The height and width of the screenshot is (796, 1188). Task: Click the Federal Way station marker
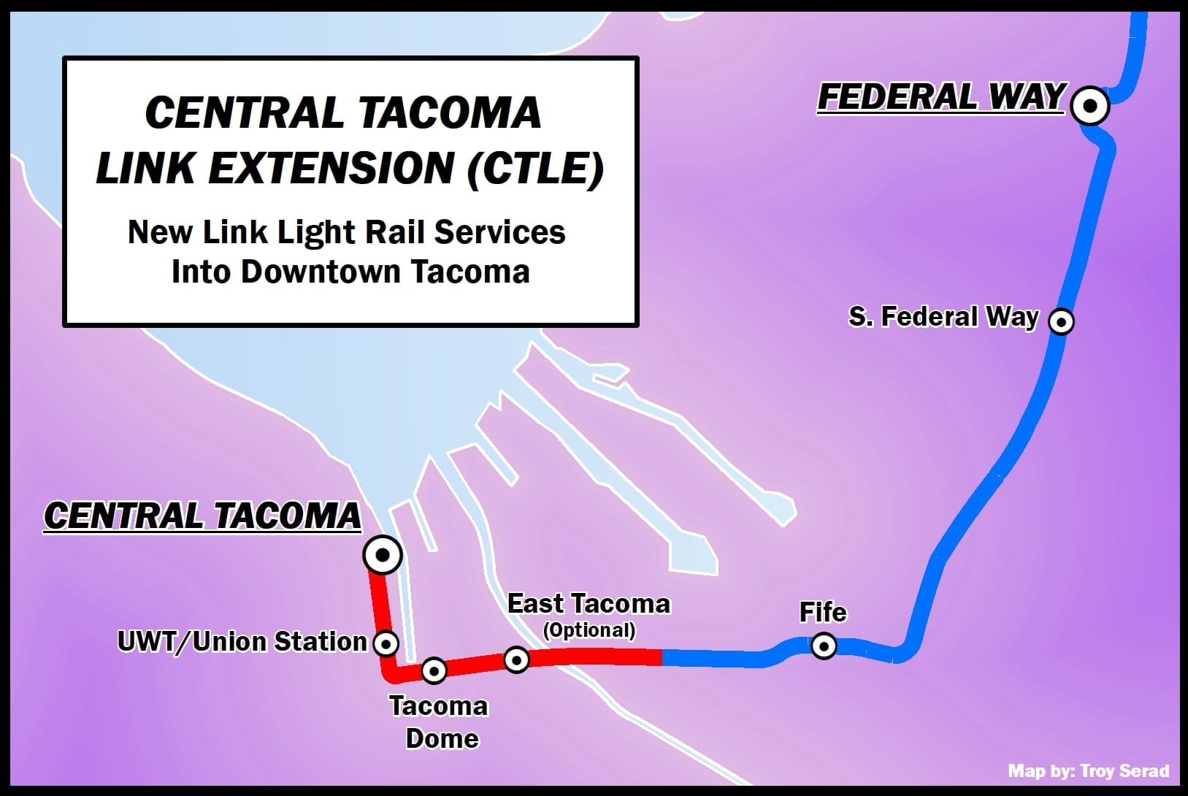tap(1090, 106)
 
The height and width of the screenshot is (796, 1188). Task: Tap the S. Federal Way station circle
tap(1061, 321)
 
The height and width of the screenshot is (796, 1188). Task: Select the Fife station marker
tap(824, 646)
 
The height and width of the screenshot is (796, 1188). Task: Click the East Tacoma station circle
tap(516, 659)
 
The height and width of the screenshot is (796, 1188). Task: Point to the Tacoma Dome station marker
tap(434, 670)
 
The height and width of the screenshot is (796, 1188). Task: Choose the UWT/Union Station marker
tap(386, 644)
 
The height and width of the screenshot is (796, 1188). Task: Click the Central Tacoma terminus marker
tap(382, 556)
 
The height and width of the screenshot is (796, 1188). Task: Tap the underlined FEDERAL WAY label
tap(940, 97)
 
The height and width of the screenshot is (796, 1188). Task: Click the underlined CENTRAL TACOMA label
tap(202, 516)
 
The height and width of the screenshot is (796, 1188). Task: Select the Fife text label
tap(822, 612)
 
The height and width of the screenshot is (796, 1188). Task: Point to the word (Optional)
tap(589, 630)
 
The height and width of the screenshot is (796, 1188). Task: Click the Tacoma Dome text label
tap(440, 722)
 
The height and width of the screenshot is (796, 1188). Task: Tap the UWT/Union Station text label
tap(242, 641)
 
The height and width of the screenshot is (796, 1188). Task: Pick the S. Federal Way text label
tap(943, 317)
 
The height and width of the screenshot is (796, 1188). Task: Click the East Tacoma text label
tap(589, 604)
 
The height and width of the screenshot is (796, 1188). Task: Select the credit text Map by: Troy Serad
tap(1088, 771)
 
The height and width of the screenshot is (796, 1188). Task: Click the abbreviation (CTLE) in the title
tap(535, 169)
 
